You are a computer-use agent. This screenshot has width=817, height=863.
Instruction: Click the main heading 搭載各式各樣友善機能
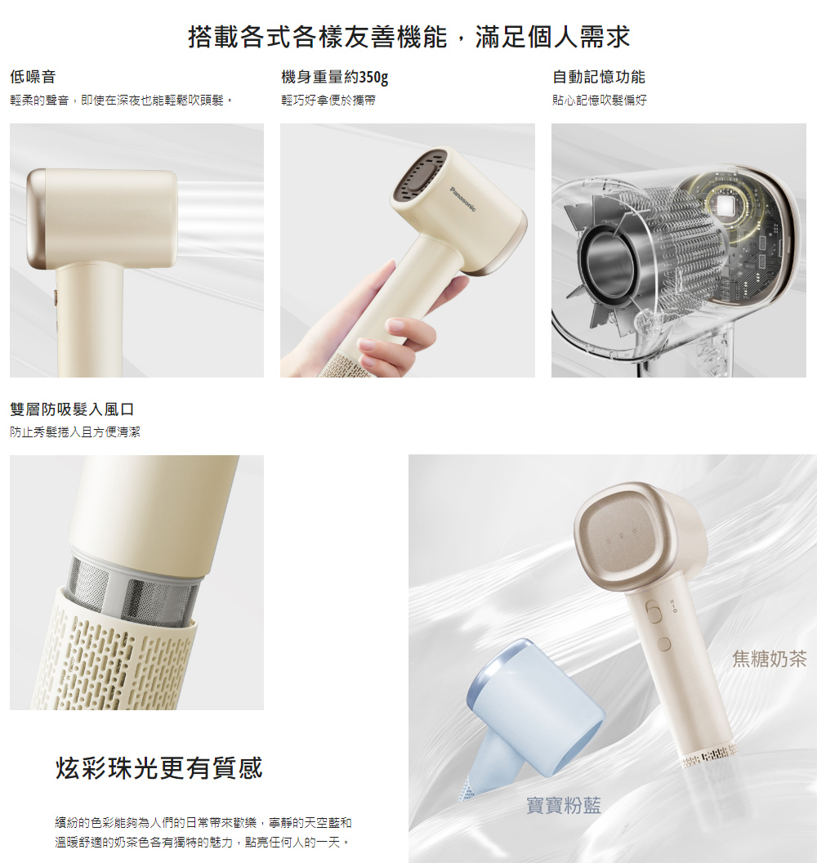[x=318, y=37]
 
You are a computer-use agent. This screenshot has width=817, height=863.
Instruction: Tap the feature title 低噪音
[x=33, y=77]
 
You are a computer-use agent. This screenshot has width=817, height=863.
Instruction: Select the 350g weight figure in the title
[x=373, y=77]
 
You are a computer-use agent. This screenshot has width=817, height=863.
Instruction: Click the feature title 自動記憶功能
[x=599, y=77]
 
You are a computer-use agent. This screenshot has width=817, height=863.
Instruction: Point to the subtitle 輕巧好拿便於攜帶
[x=328, y=101]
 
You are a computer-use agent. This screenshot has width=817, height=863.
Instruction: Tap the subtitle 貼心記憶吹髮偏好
[x=600, y=101]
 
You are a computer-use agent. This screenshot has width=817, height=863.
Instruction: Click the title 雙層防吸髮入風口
[x=72, y=409]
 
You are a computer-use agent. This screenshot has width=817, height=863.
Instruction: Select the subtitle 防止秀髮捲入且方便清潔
[x=75, y=432]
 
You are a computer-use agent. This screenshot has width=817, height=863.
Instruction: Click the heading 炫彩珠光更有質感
[x=159, y=767]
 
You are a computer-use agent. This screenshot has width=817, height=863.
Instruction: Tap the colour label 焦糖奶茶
[x=769, y=658]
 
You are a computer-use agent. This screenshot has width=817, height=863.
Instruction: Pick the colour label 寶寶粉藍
[x=564, y=805]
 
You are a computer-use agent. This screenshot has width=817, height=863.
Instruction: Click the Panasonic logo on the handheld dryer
[x=462, y=199]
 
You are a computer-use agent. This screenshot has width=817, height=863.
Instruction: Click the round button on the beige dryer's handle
[x=664, y=644]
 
